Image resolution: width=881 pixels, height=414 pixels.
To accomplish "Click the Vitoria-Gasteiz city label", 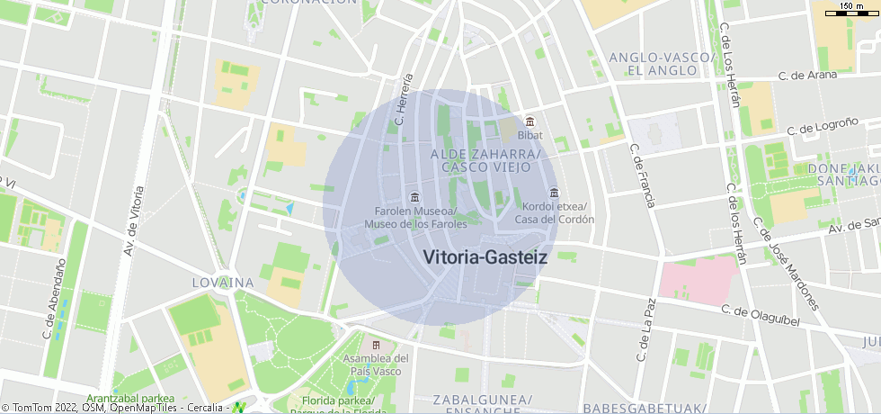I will coord(485,257).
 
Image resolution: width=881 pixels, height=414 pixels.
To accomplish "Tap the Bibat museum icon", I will coord(530,121).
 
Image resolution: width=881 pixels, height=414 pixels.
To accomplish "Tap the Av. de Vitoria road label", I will coord(135,220).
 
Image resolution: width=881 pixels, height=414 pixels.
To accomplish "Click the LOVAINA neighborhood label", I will coord(223,283).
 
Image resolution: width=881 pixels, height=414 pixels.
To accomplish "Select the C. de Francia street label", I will coord(642,175).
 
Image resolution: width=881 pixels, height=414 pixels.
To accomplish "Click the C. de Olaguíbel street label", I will coord(761,311).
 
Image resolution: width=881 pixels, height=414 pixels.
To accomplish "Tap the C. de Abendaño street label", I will coord(54,299).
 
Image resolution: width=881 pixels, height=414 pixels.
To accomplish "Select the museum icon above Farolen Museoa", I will coord(414,197).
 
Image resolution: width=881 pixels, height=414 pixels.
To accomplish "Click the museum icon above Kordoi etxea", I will coord(553,192).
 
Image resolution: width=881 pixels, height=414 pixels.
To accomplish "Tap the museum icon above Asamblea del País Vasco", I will coord(376,345).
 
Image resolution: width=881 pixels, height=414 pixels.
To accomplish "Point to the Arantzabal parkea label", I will coord(130,399).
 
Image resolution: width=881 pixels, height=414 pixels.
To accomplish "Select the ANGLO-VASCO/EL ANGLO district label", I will coord(661,63).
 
